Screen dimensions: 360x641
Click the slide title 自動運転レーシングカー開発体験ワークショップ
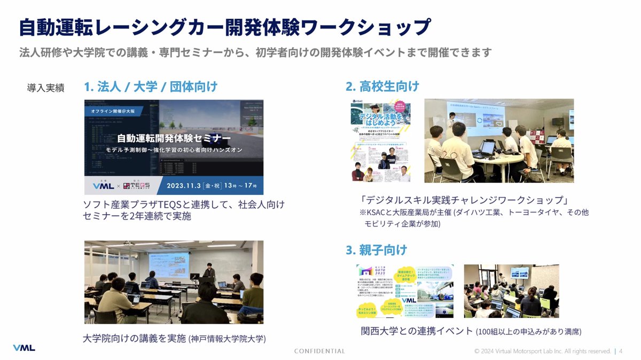tap(224, 27)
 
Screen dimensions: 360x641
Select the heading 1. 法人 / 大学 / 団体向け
tap(151, 87)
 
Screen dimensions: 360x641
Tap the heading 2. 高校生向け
tap(382, 87)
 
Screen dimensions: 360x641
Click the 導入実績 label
tap(46, 88)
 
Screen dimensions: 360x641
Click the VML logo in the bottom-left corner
tap(24, 348)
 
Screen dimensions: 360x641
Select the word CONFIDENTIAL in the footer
tap(319, 351)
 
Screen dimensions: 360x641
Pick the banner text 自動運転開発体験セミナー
tap(174, 137)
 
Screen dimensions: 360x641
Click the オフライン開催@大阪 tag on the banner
tap(113, 111)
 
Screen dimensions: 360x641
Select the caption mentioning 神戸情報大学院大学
tap(175, 338)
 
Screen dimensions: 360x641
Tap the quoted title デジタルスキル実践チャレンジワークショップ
tap(464, 200)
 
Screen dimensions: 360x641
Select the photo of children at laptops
tap(511, 291)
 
